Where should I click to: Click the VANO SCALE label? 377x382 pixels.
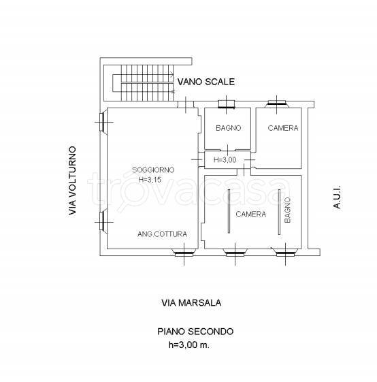[206, 82]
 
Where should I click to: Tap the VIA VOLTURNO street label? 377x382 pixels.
[72, 180]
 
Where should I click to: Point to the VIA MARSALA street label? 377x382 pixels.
[191, 303]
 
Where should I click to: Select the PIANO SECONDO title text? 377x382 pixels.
[195, 332]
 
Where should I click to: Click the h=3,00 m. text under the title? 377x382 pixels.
[189, 345]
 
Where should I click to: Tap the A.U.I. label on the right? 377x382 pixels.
[337, 197]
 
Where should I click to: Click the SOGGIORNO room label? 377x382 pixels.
[153, 170]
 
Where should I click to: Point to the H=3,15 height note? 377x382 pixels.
[150, 180]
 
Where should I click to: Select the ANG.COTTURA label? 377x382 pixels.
[162, 234]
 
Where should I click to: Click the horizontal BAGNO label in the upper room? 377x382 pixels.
[229, 128]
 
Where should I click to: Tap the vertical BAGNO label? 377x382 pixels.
[288, 210]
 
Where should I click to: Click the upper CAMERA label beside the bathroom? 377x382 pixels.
[283, 128]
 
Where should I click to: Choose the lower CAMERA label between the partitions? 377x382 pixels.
[251, 214]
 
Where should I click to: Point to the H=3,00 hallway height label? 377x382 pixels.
[225, 160]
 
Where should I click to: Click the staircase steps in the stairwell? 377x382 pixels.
[147, 83]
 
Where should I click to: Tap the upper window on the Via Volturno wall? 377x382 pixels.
[103, 122]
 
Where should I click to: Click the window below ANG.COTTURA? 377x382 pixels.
[184, 253]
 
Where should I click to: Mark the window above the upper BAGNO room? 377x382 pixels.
[227, 104]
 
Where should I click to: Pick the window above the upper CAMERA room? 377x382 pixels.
[277, 104]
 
